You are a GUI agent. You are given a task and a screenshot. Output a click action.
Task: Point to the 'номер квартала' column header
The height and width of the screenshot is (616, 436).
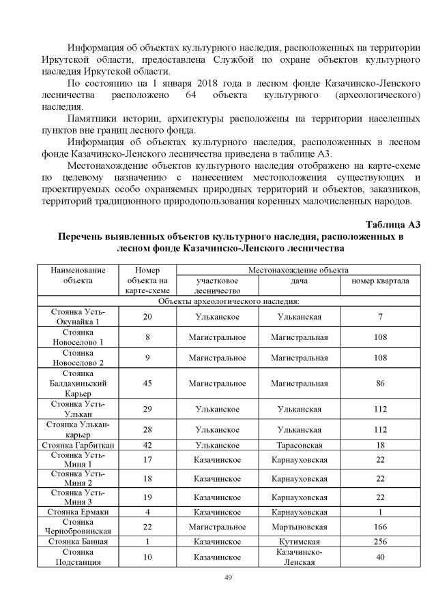tap(380, 281)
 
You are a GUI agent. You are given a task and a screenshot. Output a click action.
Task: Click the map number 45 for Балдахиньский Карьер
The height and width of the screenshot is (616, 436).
tap(147, 384)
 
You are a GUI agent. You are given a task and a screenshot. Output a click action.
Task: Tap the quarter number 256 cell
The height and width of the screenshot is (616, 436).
tap(380, 542)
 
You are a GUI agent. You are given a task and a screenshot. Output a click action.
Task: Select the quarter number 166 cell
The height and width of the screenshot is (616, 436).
tap(380, 527)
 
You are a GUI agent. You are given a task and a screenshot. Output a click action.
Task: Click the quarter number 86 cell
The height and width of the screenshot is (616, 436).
tap(380, 384)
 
